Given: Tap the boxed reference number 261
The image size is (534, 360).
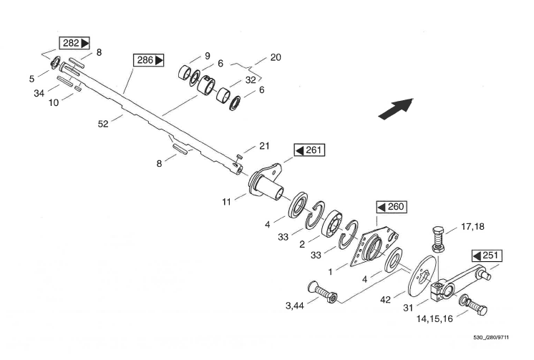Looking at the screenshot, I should click(309, 150).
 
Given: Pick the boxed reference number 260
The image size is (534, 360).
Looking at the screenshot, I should click(391, 207).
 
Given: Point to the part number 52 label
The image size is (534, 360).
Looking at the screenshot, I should click(103, 125).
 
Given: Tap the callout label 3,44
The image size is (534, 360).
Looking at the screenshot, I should click(296, 306).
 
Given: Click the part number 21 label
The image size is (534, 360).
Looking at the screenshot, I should click(264, 146).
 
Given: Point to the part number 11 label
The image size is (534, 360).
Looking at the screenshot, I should click(227, 203).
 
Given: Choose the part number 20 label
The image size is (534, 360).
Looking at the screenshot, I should click(276, 57).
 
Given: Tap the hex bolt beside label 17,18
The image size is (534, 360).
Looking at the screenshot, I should click(439, 236).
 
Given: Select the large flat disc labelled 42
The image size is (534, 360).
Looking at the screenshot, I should click(417, 280).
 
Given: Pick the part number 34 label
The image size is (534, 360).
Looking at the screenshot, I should click(39, 93).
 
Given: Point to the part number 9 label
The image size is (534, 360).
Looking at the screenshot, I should click(207, 55).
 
